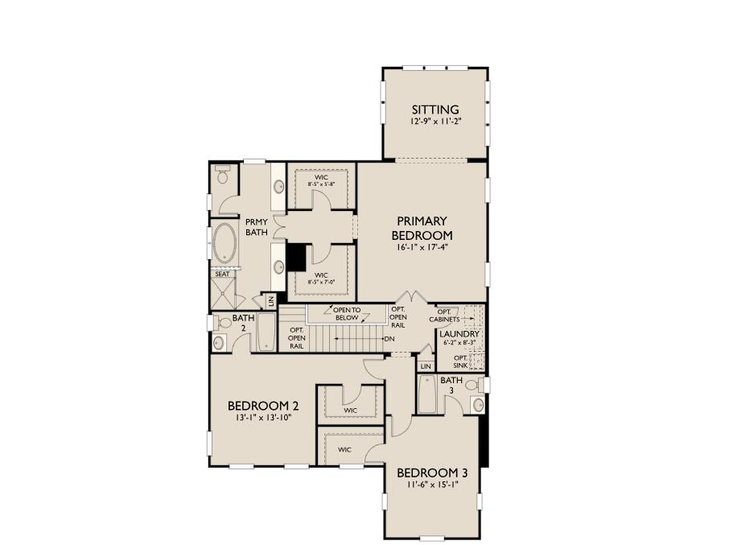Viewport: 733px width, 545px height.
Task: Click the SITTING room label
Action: coord(435,109)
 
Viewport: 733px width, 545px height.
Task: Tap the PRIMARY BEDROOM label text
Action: coord(422,228)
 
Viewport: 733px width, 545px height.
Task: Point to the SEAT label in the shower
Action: coord(222,274)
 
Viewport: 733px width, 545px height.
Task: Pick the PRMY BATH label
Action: coord(257,226)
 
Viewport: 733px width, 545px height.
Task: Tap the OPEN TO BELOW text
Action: coord(347,313)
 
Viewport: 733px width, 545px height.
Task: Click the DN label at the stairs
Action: coord(389,338)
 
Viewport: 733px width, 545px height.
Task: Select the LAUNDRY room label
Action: coord(460,333)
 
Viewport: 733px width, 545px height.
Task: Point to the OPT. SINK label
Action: coord(460,361)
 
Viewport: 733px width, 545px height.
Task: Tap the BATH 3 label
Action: coord(451,385)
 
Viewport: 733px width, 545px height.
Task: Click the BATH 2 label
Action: coord(244,323)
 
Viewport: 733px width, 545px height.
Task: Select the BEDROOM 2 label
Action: coord(262,405)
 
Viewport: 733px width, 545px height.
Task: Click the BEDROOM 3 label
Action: coord(432,472)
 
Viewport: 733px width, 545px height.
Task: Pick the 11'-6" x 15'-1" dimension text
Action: coord(432,485)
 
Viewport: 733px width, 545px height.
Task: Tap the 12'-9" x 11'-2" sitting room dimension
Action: coord(435,122)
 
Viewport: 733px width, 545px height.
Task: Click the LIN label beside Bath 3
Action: coord(426,366)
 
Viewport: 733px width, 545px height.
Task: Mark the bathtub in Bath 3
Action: coord(426,394)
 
